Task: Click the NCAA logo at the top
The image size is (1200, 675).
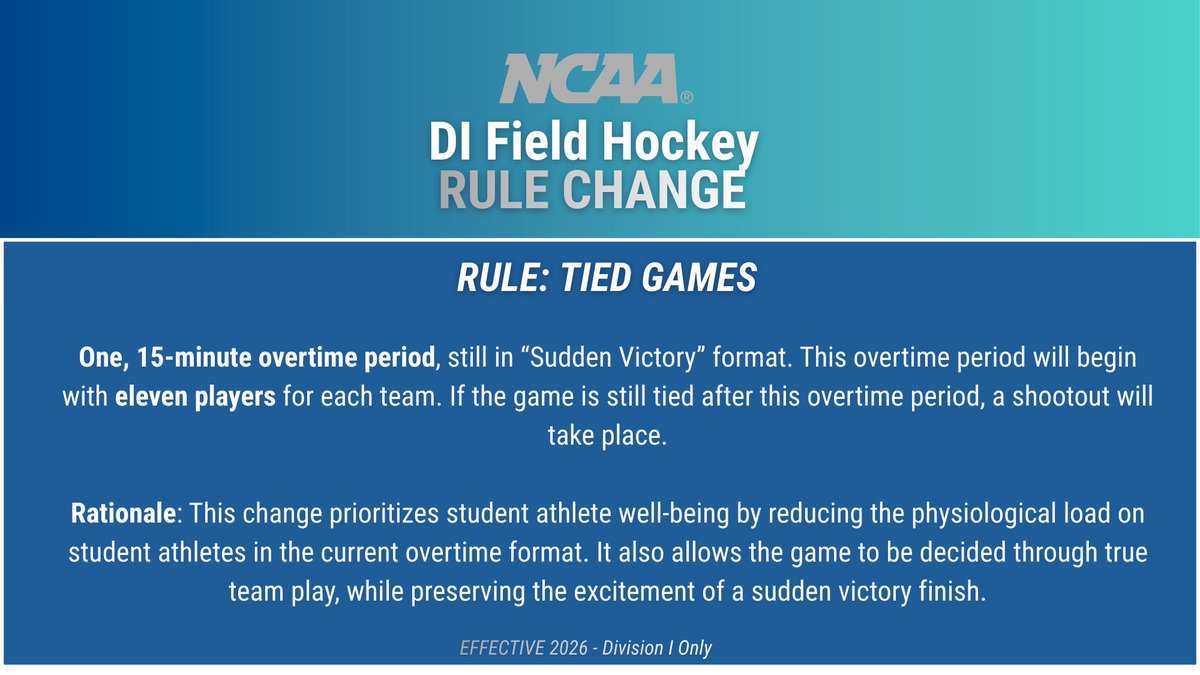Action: (588, 81)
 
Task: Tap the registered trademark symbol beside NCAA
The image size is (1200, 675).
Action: (686, 98)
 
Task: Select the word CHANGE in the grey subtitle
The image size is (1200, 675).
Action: (658, 189)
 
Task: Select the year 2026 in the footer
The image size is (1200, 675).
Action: (568, 648)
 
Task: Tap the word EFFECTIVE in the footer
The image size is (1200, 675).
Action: (502, 648)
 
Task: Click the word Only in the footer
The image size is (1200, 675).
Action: (693, 648)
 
